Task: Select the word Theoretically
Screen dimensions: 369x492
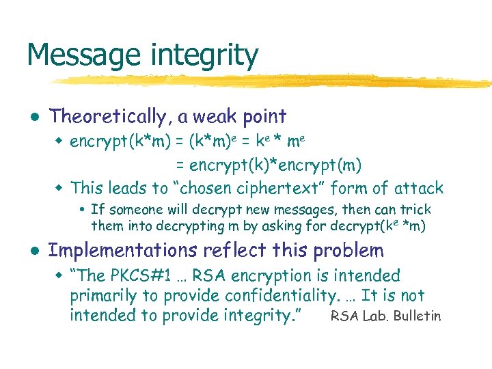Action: [107, 117]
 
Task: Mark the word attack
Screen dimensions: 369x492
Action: [418, 188]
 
